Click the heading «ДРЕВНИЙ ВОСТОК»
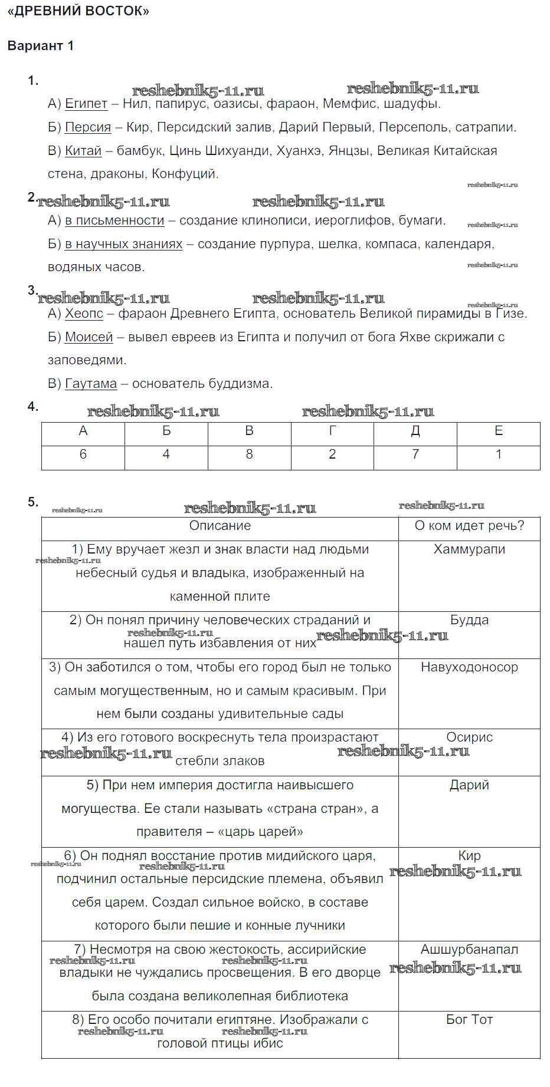click(78, 11)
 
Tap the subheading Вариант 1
click(41, 45)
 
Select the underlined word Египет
click(86, 104)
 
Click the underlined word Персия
click(88, 127)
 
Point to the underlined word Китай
click(83, 151)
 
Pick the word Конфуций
click(185, 174)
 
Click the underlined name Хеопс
click(84, 314)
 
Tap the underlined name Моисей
click(89, 337)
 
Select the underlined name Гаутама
click(91, 384)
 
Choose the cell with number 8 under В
click(249, 454)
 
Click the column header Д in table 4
click(415, 431)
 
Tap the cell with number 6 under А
click(83, 454)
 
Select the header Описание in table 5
click(220, 526)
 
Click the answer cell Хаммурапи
click(469, 549)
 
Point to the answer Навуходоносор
click(469, 667)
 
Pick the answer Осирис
click(469, 737)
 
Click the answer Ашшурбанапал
click(469, 950)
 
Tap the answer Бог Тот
click(469, 1020)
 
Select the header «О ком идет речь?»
click(469, 526)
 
